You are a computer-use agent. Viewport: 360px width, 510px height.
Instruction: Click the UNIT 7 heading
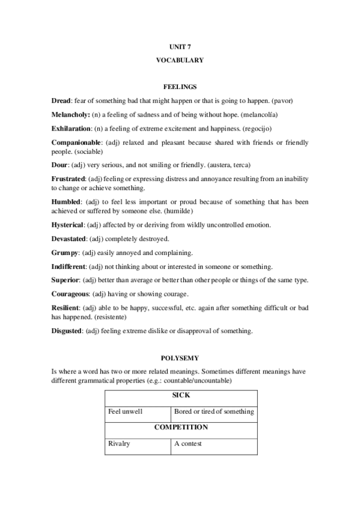coord(180,46)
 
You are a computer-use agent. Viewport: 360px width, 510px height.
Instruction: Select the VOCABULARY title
coord(180,60)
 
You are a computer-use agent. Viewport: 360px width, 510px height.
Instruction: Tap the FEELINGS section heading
coord(180,87)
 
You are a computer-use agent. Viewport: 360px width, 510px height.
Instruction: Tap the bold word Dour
coord(59,165)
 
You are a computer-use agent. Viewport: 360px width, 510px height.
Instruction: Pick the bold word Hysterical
coord(68,225)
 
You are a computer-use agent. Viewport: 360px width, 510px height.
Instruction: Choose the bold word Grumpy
coord(65,253)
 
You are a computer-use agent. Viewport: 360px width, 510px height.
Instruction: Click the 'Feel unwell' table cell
coord(126,412)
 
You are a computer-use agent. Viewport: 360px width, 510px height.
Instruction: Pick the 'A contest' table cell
coord(188,444)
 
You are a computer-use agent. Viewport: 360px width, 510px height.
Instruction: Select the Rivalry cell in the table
coord(119,444)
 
